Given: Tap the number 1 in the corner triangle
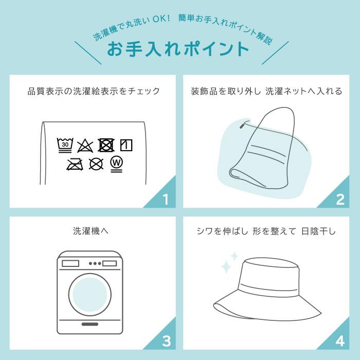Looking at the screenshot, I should pos(165,200).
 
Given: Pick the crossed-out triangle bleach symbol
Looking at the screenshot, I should pos(85,146).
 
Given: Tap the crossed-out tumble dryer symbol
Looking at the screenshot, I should pos(106,145).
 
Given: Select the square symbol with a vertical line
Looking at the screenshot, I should pos(127,145).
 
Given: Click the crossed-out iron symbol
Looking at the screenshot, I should pos(75,164).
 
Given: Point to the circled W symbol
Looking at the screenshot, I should pos(117,163).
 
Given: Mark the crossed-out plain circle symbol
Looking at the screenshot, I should pos(96,164).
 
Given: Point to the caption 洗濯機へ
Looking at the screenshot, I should pos(90,231).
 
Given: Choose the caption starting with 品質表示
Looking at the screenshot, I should pos(94,92).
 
